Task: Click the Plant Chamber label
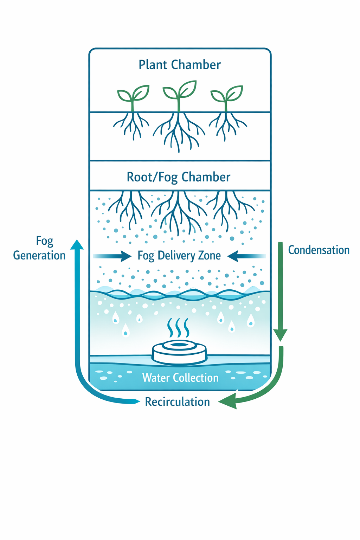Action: tap(180, 65)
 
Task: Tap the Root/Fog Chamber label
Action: tap(179, 177)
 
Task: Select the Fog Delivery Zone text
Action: tap(179, 255)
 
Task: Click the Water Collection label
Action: tap(180, 378)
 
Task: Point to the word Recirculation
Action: tap(178, 401)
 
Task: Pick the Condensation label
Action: tap(319, 250)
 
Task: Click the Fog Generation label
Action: tap(39, 248)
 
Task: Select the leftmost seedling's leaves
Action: tap(133, 94)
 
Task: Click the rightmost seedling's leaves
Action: tap(227, 94)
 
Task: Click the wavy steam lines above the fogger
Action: tap(179, 328)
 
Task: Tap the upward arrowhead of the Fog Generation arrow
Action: tap(77, 244)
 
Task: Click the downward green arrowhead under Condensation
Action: tap(280, 335)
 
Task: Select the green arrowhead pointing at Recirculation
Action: tap(227, 401)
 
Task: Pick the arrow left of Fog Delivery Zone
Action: tap(112, 256)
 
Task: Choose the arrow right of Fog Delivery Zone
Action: tap(246, 256)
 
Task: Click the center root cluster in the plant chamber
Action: tap(179, 132)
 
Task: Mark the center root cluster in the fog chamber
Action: tap(179, 211)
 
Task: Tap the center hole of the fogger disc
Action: tap(180, 345)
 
